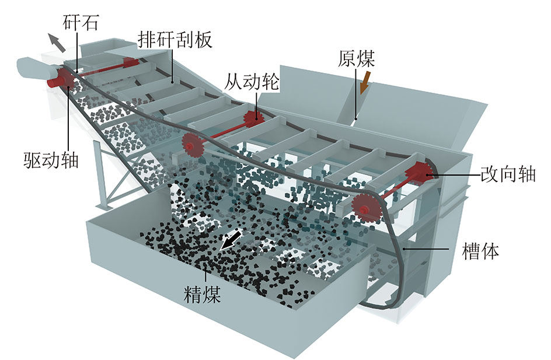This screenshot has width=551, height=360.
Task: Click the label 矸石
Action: (x=81, y=23)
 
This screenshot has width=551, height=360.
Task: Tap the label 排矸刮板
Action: (x=175, y=40)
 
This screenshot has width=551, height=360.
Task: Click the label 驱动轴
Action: (x=51, y=160)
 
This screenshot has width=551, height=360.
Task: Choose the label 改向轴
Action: (x=508, y=174)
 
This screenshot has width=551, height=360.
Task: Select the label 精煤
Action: (x=202, y=294)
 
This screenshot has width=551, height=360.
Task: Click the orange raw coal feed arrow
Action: (x=365, y=82)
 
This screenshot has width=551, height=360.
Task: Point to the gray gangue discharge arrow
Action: (x=57, y=43)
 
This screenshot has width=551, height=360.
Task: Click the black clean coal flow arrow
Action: (x=231, y=240)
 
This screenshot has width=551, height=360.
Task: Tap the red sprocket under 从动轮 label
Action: (x=254, y=119)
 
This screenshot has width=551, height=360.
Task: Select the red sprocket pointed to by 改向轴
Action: (x=420, y=173)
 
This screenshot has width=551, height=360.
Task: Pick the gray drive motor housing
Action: (x=35, y=67)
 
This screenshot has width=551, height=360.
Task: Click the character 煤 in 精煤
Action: (x=211, y=294)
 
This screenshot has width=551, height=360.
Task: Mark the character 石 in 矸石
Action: (x=90, y=23)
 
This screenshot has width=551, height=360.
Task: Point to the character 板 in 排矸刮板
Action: (x=204, y=40)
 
